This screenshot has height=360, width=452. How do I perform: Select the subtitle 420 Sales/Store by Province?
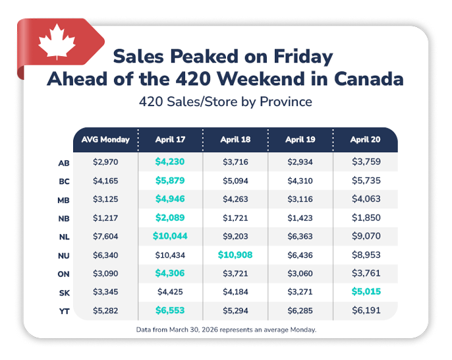click(x=225, y=102)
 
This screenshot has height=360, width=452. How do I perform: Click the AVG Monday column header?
click(x=105, y=140)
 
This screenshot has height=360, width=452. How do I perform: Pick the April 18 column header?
click(x=235, y=140)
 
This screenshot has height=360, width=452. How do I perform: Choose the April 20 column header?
click(x=364, y=140)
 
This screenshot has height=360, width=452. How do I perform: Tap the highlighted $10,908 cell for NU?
click(x=235, y=255)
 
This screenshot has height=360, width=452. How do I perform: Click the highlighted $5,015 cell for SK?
click(x=364, y=291)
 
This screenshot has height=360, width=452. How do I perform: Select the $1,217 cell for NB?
click(x=105, y=218)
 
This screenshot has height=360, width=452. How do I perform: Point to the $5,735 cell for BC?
click(x=364, y=181)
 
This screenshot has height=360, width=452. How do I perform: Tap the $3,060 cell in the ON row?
click(x=300, y=273)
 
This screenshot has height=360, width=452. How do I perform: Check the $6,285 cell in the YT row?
click(x=300, y=310)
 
